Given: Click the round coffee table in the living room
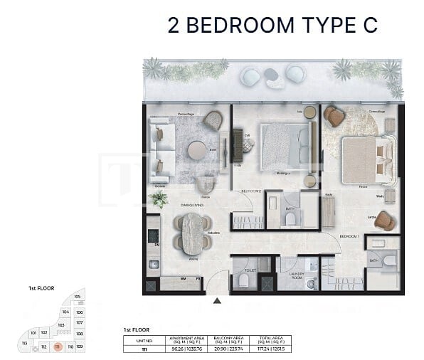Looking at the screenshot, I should [x=196, y=150].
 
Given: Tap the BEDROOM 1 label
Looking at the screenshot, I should [x=349, y=235].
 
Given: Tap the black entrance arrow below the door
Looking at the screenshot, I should [x=217, y=301].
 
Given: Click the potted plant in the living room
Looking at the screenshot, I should [x=160, y=198].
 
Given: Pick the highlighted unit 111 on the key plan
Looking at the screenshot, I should [x=58, y=346].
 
